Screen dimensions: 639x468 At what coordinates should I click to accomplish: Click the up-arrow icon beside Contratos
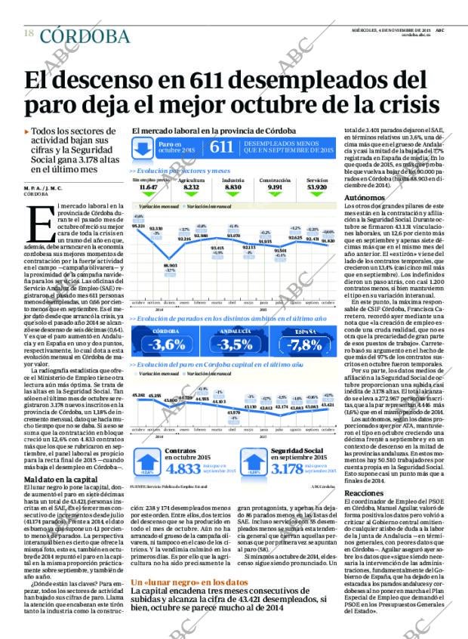tap(145, 461)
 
